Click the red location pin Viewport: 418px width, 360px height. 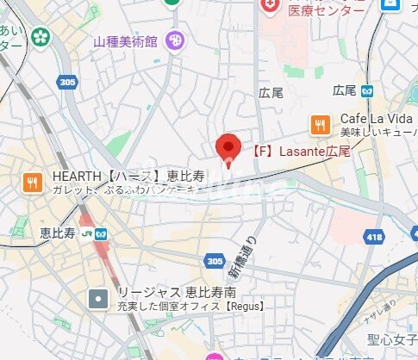[228, 147]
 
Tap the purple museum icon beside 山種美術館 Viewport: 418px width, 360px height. [175, 40]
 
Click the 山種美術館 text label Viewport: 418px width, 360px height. [127, 40]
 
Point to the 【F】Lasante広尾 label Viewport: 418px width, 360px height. [301, 151]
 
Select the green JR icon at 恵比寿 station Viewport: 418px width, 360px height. [86, 232]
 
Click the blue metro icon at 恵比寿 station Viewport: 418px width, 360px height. [102, 232]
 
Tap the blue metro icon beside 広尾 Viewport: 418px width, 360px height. [367, 90]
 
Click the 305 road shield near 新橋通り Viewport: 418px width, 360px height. [215, 260]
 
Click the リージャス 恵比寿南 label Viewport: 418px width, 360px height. [170, 293]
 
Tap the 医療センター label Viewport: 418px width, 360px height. [326, 10]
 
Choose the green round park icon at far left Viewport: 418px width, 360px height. [40, 37]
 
